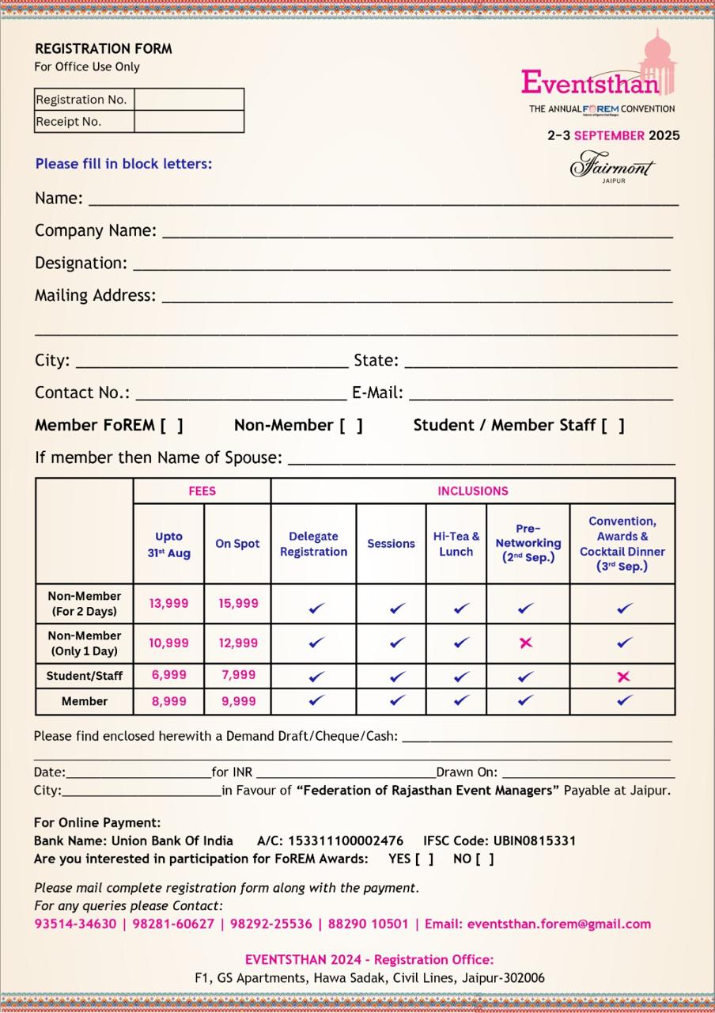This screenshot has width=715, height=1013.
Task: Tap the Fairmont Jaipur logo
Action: (x=613, y=167)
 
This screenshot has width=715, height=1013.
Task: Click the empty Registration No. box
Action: (x=188, y=100)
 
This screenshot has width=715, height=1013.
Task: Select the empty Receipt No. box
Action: (x=188, y=122)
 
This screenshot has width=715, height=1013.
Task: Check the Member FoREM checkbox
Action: (x=171, y=426)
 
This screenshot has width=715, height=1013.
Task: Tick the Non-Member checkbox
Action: (x=351, y=426)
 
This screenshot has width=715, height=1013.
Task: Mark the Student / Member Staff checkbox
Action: (x=612, y=426)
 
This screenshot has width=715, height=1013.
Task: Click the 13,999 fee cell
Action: (x=168, y=603)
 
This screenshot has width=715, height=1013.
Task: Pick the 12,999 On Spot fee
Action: (x=238, y=643)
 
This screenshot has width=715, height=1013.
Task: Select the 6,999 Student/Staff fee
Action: (x=168, y=675)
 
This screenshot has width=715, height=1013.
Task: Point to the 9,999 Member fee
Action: (x=238, y=701)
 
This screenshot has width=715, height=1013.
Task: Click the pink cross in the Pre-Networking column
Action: (x=526, y=643)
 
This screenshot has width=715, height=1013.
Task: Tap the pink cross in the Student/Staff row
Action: (x=623, y=676)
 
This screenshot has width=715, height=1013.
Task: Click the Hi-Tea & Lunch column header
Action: (x=456, y=544)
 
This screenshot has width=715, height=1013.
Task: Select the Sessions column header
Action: (x=391, y=544)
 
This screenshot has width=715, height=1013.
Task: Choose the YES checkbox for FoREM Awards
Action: (x=424, y=859)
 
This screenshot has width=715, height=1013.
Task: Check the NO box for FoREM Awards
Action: (x=485, y=859)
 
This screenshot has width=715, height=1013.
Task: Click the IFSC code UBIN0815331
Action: (x=535, y=840)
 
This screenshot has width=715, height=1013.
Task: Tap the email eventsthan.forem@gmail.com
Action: (x=559, y=924)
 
